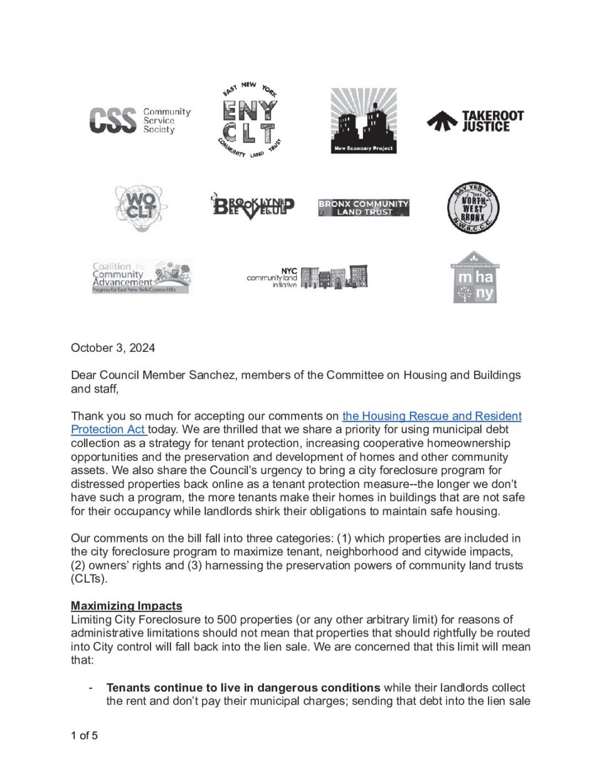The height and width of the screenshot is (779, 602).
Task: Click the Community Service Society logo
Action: (x=139, y=120)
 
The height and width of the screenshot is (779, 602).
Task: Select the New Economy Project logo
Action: (x=363, y=120)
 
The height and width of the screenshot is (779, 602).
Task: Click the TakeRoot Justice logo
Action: (x=475, y=121)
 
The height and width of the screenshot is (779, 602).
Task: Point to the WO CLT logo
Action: (x=141, y=208)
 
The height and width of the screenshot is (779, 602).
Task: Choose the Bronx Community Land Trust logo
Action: (x=363, y=208)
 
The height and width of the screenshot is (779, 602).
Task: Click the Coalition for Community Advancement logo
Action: (x=142, y=277)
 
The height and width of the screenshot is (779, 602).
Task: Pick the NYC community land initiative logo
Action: (x=307, y=277)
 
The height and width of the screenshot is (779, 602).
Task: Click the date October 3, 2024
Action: (x=113, y=348)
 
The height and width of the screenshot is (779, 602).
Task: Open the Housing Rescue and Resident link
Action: (x=431, y=416)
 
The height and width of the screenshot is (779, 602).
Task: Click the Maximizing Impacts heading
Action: (x=126, y=606)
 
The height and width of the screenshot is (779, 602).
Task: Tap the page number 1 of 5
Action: (x=84, y=736)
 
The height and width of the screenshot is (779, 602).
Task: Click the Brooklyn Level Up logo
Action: (x=253, y=207)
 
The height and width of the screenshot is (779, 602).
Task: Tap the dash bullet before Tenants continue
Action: (x=92, y=687)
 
